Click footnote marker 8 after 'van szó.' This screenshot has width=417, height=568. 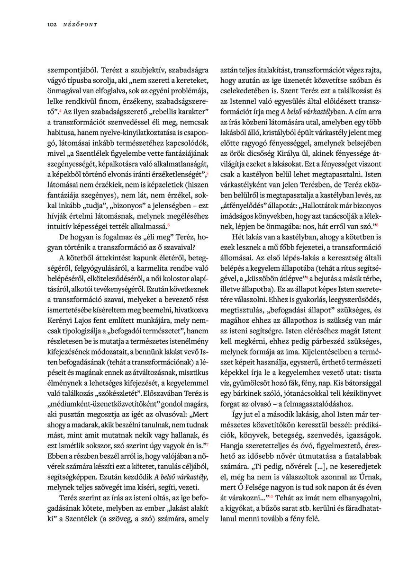pyautogui.click(x=377, y=225)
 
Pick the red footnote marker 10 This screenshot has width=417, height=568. pyautogui.click(x=271, y=497)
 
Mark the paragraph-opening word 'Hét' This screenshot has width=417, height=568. pyautogui.click(x=239, y=237)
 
